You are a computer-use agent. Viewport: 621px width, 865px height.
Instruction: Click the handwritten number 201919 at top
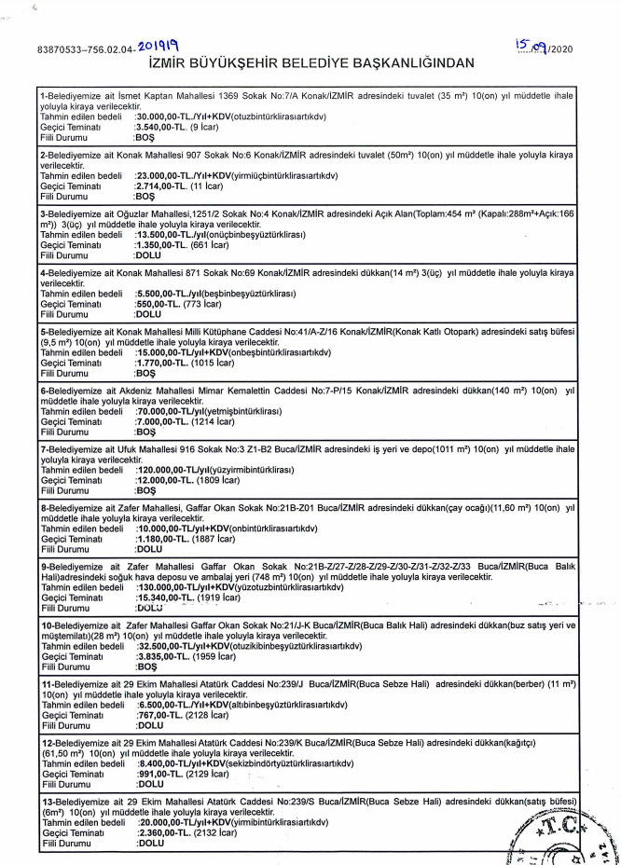(159, 44)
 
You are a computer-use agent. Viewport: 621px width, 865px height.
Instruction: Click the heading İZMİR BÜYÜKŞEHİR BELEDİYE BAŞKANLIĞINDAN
(310, 62)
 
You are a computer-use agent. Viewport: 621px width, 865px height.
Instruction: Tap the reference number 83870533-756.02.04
(86, 48)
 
